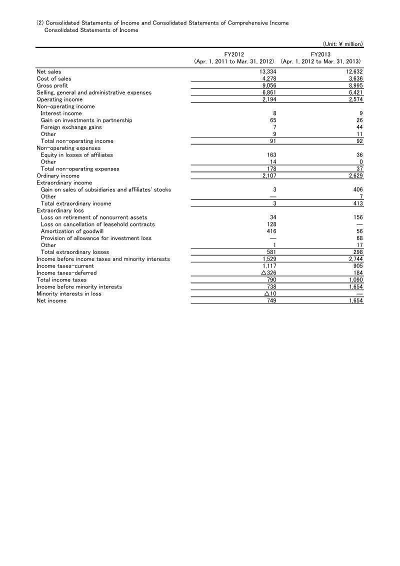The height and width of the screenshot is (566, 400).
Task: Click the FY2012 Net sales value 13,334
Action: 267,71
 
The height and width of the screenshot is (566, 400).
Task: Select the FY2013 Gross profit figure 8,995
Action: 354,85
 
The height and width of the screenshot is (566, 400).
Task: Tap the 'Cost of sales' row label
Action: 54,78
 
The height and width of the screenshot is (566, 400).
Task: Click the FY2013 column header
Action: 320,54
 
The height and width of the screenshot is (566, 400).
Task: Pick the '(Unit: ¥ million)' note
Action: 339,44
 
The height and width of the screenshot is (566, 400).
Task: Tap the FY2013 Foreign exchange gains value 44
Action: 358,127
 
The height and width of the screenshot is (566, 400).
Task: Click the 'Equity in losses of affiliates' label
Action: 76,155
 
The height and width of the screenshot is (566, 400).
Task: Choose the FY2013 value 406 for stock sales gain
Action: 357,189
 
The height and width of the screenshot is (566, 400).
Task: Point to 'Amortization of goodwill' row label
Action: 72,231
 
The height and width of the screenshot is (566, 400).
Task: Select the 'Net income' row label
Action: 51,301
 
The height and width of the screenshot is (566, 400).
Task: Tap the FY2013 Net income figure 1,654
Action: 354,301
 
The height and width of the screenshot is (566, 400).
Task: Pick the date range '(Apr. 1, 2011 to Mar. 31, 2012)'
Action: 234,61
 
